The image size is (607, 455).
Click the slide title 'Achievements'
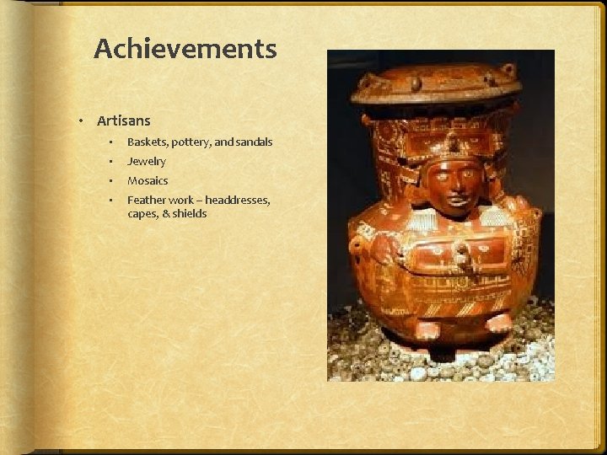click(x=185, y=49)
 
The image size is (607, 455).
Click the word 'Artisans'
click(x=123, y=121)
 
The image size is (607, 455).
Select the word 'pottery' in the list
click(x=196, y=142)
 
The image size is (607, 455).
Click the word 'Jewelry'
click(x=147, y=161)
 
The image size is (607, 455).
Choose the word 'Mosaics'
click(x=148, y=180)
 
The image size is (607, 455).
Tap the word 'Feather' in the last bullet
click(x=145, y=200)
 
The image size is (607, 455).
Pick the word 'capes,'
click(x=142, y=214)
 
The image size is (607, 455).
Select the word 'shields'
click(x=190, y=214)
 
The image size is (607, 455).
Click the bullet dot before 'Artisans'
click(x=81, y=122)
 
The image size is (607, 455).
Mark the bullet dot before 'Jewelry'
click(x=110, y=162)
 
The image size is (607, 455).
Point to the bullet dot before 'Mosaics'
click(x=110, y=181)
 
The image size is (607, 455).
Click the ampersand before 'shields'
click(x=165, y=214)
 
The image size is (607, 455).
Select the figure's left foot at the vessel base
click(x=497, y=322)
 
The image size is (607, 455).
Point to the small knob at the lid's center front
click(x=416, y=84)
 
